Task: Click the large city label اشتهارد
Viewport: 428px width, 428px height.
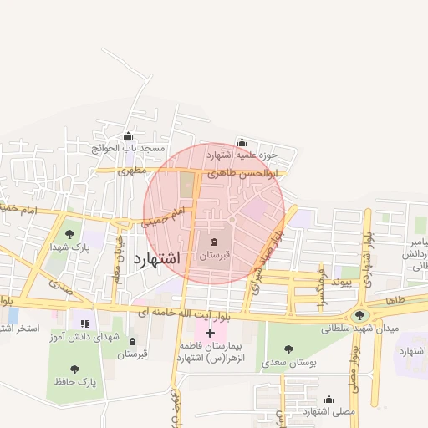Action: [x=156, y=257]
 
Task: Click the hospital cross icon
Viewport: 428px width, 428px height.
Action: [x=210, y=333]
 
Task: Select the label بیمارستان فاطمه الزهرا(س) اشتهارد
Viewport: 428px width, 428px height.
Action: [x=210, y=351]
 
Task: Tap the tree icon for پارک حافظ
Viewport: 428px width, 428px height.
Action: [x=75, y=369]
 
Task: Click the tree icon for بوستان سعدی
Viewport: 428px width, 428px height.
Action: [x=288, y=349]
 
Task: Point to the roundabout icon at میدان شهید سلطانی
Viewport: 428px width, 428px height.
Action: [x=360, y=315]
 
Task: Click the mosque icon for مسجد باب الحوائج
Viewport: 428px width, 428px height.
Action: [x=128, y=136]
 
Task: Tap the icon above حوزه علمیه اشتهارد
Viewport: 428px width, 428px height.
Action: [x=242, y=142]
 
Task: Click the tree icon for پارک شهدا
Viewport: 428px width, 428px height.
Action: [x=69, y=234]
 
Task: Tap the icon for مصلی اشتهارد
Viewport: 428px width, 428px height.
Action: [x=329, y=399]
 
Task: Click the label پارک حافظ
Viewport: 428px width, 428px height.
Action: [x=75, y=383]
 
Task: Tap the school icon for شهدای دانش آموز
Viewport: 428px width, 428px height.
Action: [x=84, y=324]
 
